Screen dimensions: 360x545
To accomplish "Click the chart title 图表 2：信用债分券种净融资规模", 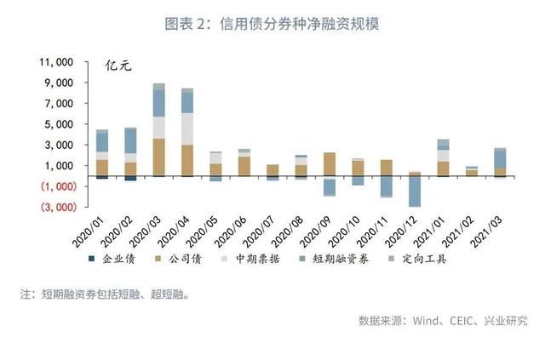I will point(272,24).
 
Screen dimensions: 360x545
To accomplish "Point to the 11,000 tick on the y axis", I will point(56,62).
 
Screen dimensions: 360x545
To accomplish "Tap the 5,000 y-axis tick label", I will point(60,124).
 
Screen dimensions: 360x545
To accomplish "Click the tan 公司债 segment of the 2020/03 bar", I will point(159,157).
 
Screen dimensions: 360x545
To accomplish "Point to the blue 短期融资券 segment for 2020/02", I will point(130,140).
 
